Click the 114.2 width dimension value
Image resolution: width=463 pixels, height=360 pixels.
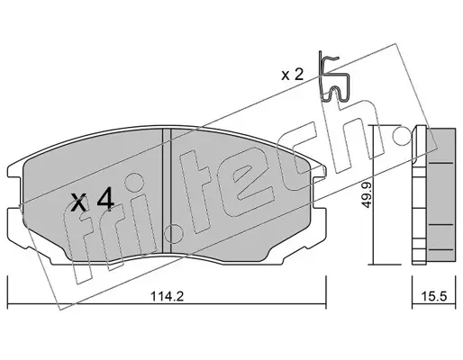click(x=167, y=297)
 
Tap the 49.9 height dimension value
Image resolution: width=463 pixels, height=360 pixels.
click(x=367, y=196)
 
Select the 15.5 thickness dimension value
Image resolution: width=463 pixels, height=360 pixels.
click(x=434, y=297)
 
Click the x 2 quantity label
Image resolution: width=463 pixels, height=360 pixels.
click(x=292, y=75)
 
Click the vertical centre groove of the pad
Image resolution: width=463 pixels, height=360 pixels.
click(x=167, y=191)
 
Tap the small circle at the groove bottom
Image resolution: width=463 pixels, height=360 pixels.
click(x=174, y=234)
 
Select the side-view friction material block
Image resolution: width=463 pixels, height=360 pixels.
click(x=441, y=196)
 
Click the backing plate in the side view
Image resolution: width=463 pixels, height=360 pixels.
click(x=419, y=195)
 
